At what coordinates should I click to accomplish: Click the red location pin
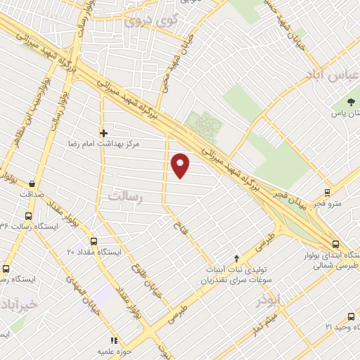click(181, 165)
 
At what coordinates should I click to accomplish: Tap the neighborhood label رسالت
click(124, 198)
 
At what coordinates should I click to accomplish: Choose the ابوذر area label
click(269, 300)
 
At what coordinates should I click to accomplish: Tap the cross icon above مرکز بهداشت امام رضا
click(103, 132)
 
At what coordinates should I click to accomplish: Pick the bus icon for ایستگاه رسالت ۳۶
click(28, 217)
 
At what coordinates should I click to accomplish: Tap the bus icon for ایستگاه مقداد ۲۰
click(94, 241)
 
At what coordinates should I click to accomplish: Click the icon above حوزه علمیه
click(115, 340)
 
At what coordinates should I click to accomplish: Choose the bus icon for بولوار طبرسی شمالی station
click(335, 243)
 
